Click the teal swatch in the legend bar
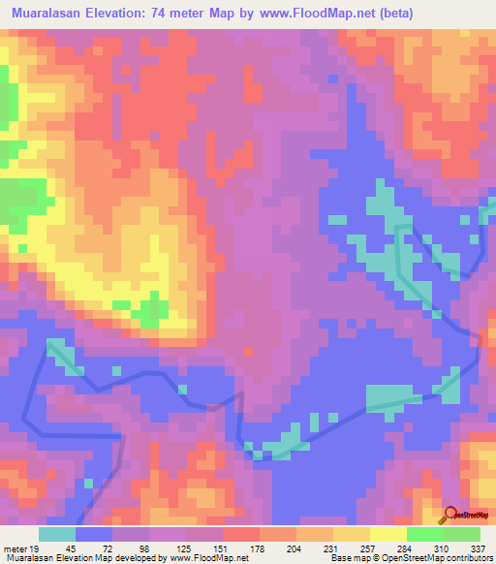click(58, 534)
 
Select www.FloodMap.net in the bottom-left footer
click(206, 558)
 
